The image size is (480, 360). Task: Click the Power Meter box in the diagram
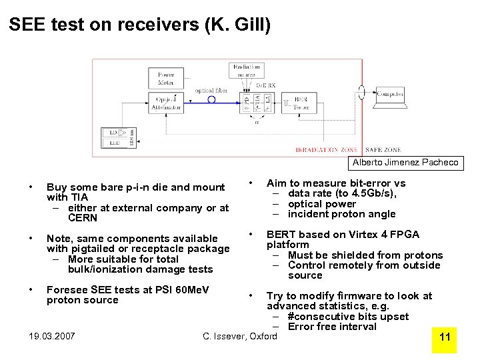(166, 79)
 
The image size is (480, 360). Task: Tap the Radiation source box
(247, 70)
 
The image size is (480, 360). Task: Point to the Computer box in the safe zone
(390, 95)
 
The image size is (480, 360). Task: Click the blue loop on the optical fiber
(212, 100)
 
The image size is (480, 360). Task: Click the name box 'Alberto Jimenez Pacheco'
(405, 163)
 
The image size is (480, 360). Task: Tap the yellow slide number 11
(445, 337)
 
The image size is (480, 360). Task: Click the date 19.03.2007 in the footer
(52, 337)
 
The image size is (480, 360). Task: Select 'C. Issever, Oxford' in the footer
(240, 337)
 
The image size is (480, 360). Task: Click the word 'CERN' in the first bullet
(83, 218)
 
